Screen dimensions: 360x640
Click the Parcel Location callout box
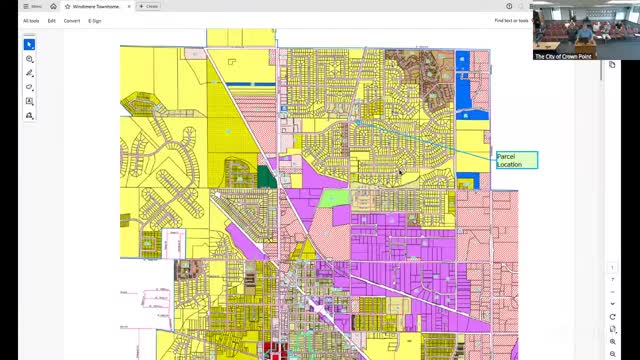point(516,160)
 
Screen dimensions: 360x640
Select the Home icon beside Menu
point(54,6)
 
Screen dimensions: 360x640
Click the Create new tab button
point(148,6)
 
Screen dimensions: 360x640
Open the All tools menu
point(31,20)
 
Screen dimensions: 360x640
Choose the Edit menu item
point(52,20)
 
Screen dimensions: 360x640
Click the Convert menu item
point(72,20)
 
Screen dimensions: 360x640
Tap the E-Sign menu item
point(95,20)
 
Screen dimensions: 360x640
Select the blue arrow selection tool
point(30,44)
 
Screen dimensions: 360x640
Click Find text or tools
point(511,20)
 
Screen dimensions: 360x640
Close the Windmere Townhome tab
point(128,6)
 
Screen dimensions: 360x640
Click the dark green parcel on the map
point(267,177)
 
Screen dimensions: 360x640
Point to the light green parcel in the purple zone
point(336,197)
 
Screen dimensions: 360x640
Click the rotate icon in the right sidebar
point(613,317)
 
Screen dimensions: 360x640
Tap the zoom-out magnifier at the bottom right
point(613,354)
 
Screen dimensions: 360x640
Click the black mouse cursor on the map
point(400,173)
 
